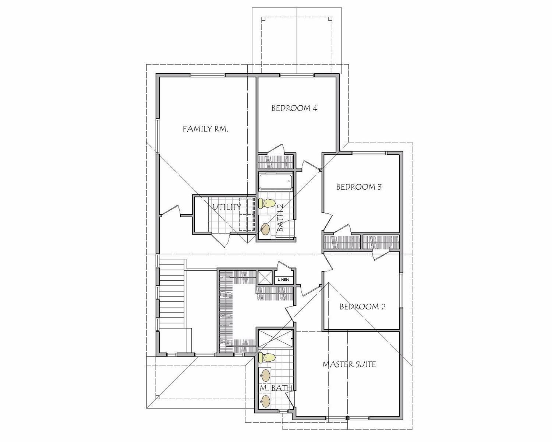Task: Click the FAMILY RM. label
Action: point(205,129)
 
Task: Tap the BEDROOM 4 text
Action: point(294,108)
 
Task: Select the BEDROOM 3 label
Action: point(359,187)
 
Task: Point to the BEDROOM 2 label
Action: point(362,306)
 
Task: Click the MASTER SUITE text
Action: point(349,365)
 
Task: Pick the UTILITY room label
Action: point(226,207)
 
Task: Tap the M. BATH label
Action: point(276,388)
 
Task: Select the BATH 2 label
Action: point(280,218)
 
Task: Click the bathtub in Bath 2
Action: point(276,181)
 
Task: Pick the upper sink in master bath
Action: point(265,376)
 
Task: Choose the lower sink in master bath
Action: point(265,401)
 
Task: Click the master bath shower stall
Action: point(276,338)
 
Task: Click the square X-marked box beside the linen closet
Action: point(264,277)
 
